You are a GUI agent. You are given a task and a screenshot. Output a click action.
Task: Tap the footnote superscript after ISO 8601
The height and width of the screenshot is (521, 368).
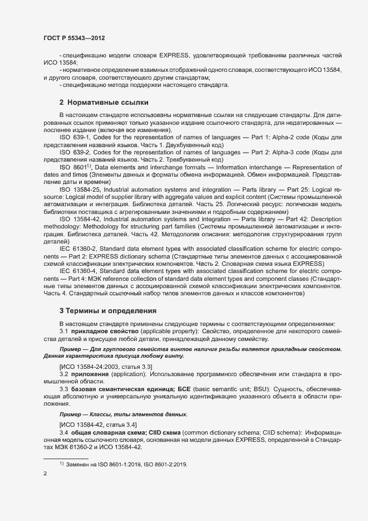(87, 165)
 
